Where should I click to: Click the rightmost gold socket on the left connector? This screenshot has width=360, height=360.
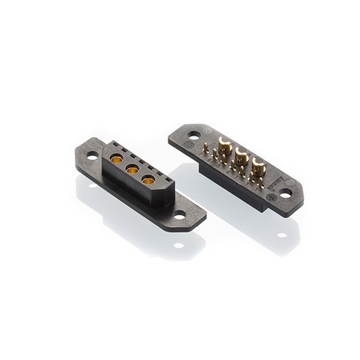coord(148,181)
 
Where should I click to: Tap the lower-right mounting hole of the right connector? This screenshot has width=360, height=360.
coord(285,191)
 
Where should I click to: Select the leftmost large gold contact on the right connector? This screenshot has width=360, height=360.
coord(225,147)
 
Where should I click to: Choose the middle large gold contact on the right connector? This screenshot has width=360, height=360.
coord(241,157)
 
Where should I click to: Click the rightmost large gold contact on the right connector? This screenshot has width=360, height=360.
coord(258,167)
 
